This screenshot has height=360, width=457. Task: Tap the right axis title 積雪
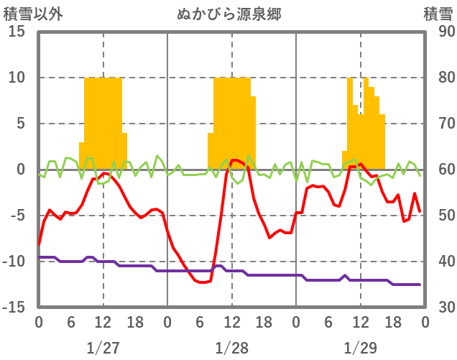438,14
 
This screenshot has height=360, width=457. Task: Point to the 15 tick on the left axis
17,32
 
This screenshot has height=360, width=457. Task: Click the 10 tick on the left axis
17,78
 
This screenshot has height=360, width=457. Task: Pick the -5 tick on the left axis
17,216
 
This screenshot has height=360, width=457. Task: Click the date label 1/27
103,348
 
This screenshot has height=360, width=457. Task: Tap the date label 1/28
231,348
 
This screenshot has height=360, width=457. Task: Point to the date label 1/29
360,348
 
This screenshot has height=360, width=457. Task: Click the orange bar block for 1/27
103,122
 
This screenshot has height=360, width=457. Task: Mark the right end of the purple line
420,285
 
